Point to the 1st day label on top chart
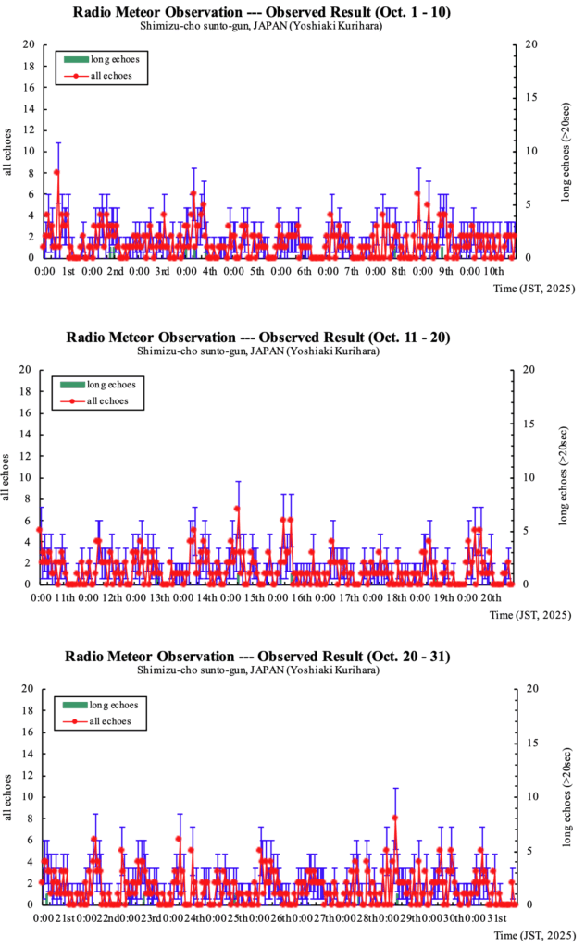tap(68, 272)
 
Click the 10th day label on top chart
tap(493, 272)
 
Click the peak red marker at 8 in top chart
tap(57, 172)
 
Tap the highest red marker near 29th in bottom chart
tap(395, 818)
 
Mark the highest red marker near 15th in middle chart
tap(238, 509)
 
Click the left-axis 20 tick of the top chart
tap(30, 44)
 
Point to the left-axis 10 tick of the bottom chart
tap(30, 796)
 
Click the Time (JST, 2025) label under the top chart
tap(532, 289)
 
